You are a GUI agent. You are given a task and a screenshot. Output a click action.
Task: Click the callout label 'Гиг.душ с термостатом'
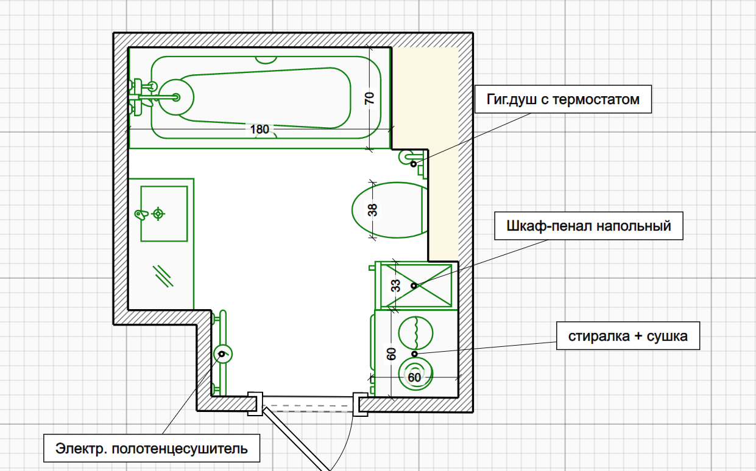coord(563,99)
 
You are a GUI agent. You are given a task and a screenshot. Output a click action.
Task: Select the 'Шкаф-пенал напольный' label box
coord(588,226)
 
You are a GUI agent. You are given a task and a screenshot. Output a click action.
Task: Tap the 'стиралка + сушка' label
coord(628,336)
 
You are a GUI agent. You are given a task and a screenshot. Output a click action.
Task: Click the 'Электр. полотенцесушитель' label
coord(152,448)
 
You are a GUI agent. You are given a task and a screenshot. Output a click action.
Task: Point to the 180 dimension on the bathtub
coord(260,129)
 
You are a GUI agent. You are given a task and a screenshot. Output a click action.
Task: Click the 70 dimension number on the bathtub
coord(370,98)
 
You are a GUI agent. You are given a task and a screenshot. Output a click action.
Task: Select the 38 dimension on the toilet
coord(372,210)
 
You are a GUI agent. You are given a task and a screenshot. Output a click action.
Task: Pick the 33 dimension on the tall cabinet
coord(395,285)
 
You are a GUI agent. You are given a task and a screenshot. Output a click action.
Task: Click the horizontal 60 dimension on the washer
coord(414,377)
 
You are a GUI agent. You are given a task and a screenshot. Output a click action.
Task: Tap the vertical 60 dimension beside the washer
coord(391,354)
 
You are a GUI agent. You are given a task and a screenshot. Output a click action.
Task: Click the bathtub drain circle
coord(176,97)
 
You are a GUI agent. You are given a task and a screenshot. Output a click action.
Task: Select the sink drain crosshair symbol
coord(158,214)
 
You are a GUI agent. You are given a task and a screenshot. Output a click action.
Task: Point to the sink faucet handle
coord(141,214)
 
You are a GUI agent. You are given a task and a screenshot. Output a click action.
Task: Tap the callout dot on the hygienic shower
coord(414,164)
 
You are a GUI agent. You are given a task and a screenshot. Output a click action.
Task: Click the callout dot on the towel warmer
coord(222,354)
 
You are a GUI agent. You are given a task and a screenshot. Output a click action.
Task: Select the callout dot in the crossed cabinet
coord(414,285)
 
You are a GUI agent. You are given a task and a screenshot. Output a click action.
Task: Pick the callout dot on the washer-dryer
coord(414,354)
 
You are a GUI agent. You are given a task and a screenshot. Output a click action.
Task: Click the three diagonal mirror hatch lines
coord(163,276)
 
